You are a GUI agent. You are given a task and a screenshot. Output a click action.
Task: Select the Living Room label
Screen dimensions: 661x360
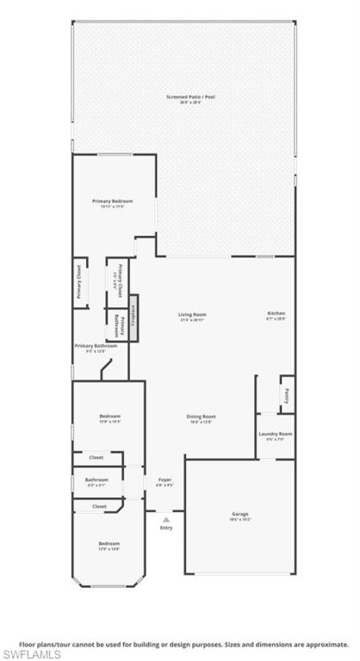pyautogui.click(x=192, y=314)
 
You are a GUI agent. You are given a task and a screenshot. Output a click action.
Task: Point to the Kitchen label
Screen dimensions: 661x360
pyautogui.click(x=276, y=313)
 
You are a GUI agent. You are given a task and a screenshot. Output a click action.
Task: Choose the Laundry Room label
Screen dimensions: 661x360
pyautogui.click(x=276, y=434)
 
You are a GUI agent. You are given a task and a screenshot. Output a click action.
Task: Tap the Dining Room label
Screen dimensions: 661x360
pyautogui.click(x=201, y=417)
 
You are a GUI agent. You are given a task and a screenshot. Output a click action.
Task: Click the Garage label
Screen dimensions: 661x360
pyautogui.click(x=239, y=514)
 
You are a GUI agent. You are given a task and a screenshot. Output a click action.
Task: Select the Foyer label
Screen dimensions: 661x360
pyautogui.click(x=164, y=479)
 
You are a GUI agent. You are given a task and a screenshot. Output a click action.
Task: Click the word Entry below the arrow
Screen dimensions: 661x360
pyautogui.click(x=166, y=528)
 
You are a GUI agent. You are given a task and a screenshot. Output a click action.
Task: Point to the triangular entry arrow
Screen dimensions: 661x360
pyautogui.click(x=166, y=519)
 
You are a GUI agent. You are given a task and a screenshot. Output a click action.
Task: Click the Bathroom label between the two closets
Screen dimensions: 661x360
pyautogui.click(x=96, y=479)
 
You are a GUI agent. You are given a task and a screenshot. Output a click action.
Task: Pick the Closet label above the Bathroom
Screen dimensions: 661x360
pyautogui.click(x=96, y=458)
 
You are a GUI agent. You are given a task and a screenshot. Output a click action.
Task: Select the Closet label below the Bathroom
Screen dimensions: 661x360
pyautogui.click(x=99, y=506)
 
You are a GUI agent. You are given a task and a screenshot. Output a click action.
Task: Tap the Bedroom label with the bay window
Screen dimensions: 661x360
pyautogui.click(x=109, y=543)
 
